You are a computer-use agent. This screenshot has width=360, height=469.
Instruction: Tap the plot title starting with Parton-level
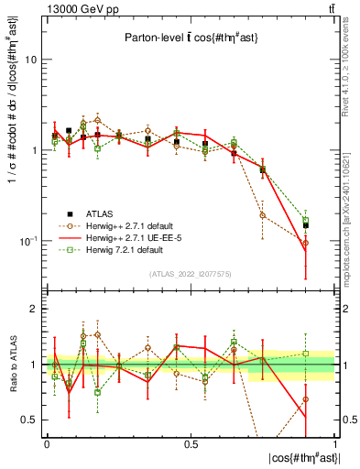coord(190,38)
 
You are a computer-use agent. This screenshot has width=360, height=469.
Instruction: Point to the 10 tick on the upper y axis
coord(31,60)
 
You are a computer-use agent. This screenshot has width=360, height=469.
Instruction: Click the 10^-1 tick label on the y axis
coord(27,240)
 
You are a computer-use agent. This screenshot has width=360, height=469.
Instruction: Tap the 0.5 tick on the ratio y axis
coord(30,420)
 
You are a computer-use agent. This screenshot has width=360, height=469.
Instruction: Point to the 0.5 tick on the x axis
coord(191,444)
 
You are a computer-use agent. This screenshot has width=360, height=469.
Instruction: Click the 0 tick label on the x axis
coord(47,444)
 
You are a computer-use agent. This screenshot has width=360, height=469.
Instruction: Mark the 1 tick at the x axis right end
coord(335,444)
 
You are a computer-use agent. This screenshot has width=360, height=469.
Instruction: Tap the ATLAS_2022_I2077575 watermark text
coord(191,274)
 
